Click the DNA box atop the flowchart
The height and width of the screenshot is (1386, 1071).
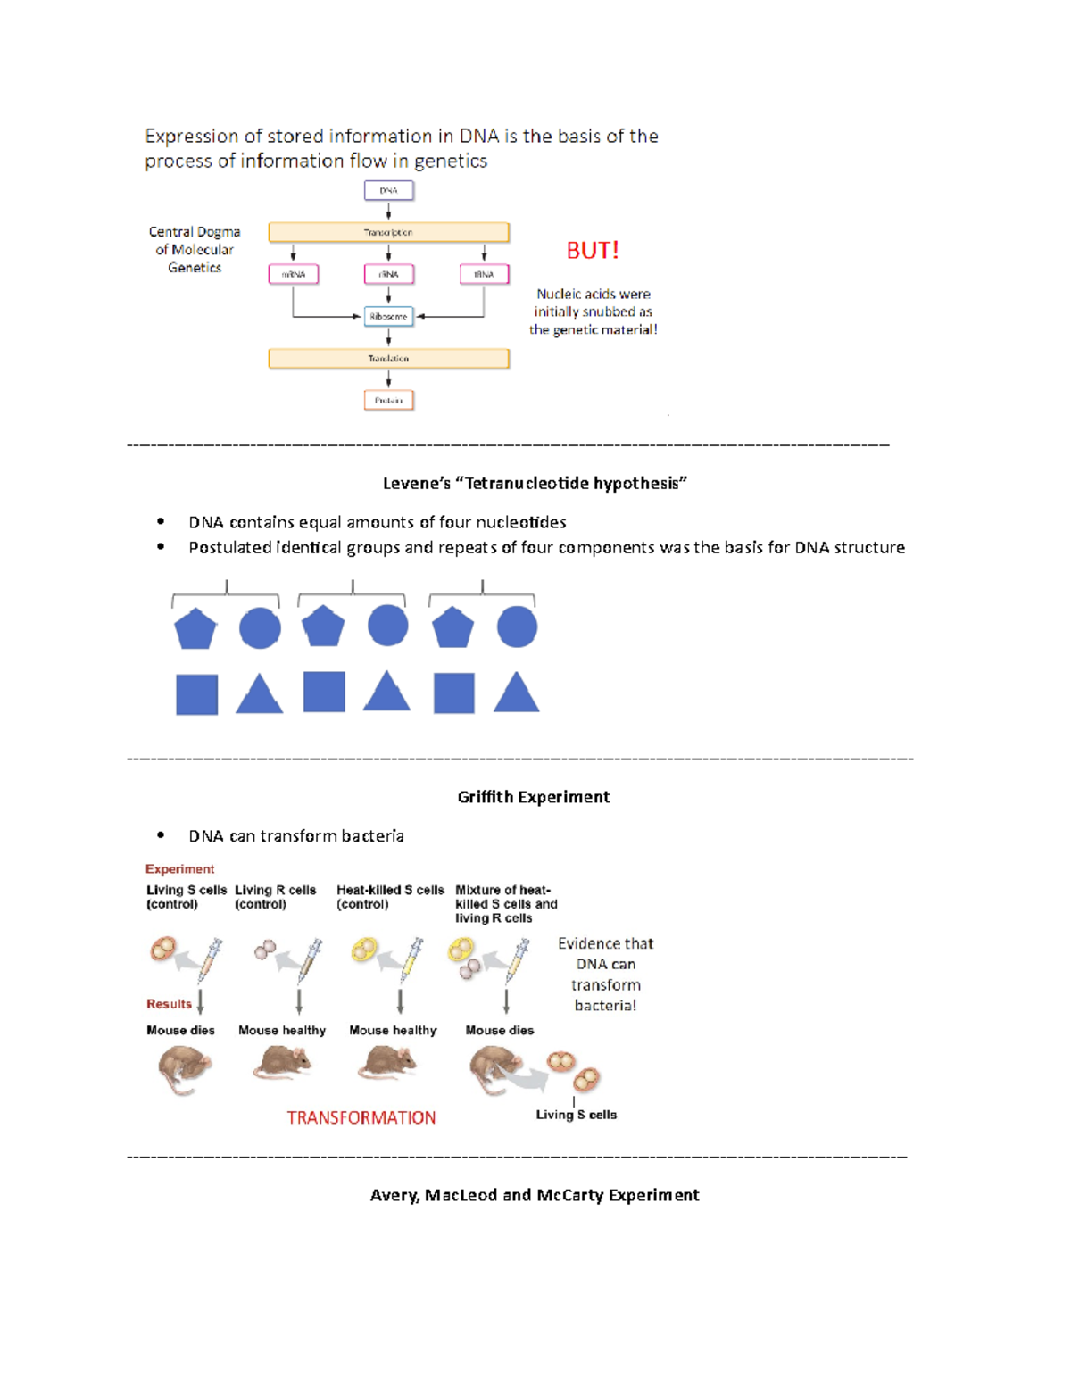388,190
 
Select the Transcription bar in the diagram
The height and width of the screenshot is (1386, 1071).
388,232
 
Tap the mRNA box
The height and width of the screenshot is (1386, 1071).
294,274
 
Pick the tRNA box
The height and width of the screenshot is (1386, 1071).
484,274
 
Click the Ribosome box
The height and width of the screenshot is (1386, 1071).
388,317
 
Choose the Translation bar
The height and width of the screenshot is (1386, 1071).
388,359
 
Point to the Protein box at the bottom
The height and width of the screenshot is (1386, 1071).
388,401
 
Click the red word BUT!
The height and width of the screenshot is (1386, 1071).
593,251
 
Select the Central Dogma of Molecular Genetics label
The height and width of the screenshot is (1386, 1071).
195,250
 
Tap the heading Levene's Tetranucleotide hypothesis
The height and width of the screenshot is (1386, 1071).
535,484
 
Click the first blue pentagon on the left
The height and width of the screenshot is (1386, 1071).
195,629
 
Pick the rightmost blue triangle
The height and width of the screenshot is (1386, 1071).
517,693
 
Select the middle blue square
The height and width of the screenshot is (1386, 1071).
324,692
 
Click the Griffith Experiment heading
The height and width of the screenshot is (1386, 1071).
533,797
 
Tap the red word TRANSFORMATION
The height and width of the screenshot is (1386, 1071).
361,1118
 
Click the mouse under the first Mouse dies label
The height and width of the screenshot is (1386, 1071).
183,1069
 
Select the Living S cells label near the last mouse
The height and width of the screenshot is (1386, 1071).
576,1115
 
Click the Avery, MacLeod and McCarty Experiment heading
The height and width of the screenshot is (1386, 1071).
535,1195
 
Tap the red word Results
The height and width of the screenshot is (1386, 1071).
169,1004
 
